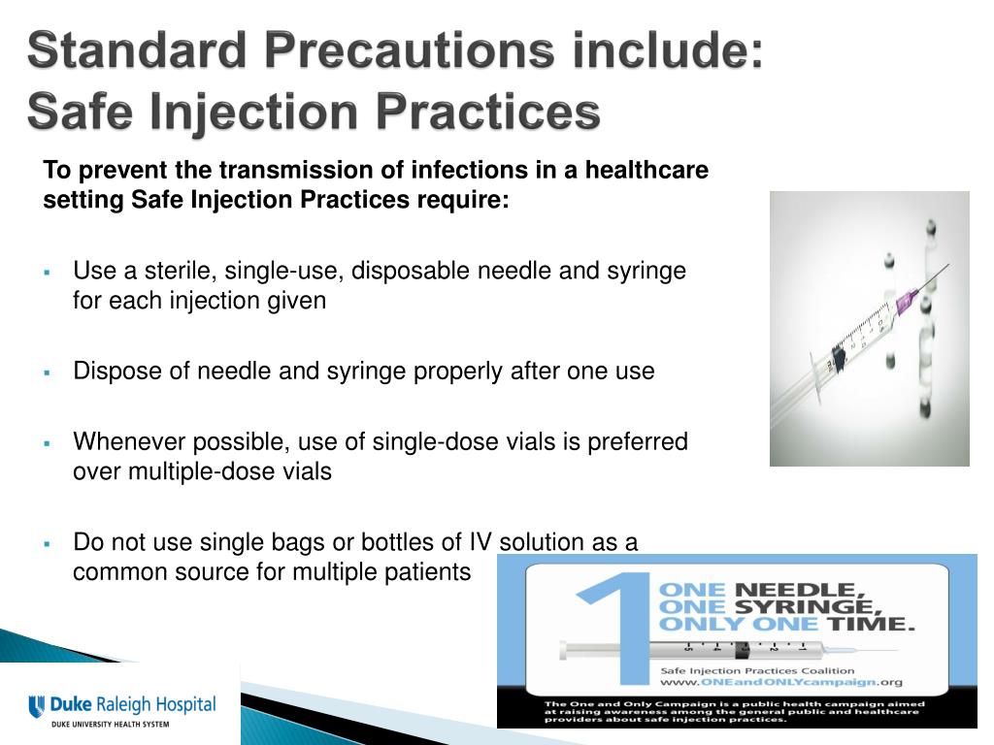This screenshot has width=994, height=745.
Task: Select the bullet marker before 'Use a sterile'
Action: (x=47, y=271)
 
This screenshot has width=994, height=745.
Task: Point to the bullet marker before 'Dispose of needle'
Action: (x=47, y=372)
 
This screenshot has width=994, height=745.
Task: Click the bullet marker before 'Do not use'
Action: (x=47, y=543)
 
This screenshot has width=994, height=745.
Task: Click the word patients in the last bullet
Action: (x=428, y=572)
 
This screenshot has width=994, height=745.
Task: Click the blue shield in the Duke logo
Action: (x=37, y=706)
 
